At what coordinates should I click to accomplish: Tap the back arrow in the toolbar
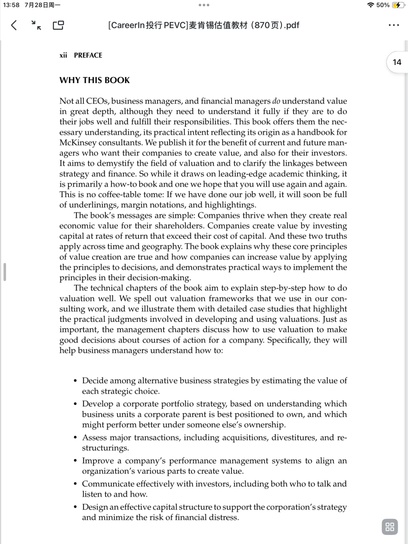pos(14,25)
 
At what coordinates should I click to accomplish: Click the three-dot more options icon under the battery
pos(393,25)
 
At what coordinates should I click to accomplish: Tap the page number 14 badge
pos(397,62)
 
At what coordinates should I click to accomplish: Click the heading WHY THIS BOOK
pos(94,80)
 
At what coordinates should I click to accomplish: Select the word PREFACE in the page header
pos(88,55)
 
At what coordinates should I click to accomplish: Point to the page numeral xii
pos(63,55)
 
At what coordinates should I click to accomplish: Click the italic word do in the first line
pos(276,101)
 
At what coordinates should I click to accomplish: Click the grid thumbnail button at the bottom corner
pos(390,527)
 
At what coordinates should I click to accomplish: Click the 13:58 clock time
pos(11,5)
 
